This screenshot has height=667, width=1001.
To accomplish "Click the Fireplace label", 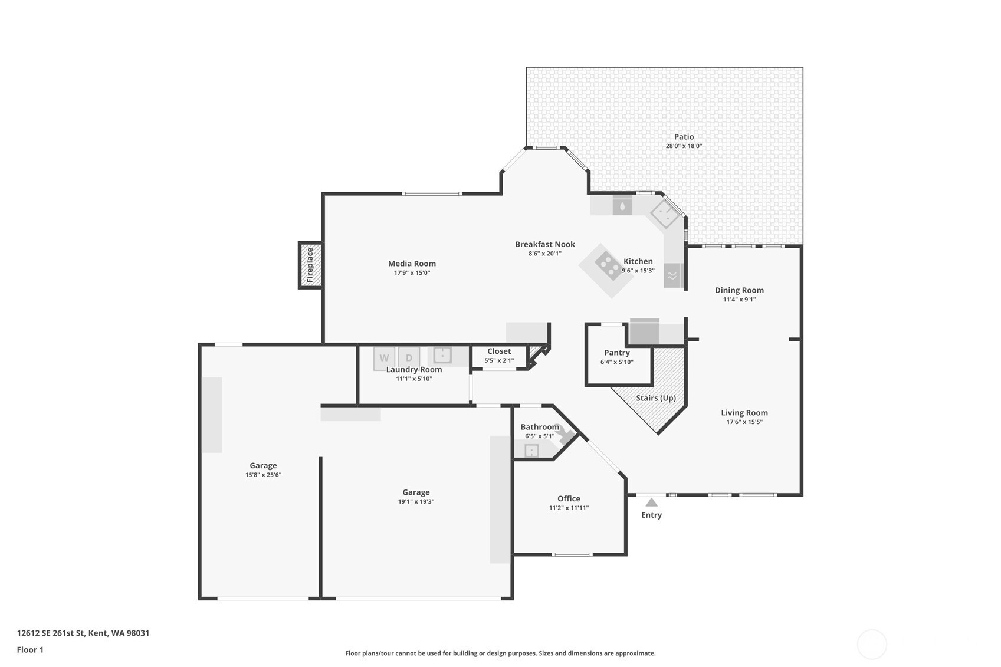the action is pos(310,265).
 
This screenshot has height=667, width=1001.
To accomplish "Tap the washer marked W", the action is pos(385,359).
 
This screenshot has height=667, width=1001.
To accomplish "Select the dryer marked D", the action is pos(409,359).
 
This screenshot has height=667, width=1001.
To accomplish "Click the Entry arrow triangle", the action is pos(652,502).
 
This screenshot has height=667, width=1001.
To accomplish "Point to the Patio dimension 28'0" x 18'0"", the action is pos(684,146).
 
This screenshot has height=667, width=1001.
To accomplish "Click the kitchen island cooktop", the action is pos(608,266).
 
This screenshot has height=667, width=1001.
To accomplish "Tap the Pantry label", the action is pos(616,353).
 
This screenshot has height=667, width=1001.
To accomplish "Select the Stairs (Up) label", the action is pos(656,398).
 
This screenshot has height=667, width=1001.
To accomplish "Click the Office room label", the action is pos(569,498).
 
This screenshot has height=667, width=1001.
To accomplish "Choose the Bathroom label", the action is pos(540,427).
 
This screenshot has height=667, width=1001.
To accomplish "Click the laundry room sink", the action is pos(442,355).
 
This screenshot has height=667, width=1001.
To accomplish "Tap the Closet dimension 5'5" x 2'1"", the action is pos(499,360).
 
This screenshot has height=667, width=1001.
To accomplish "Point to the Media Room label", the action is pos(412,264).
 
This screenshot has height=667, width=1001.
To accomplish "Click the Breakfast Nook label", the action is pos(545,244).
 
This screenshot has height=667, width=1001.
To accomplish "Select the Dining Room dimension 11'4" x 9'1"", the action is pos(740,300).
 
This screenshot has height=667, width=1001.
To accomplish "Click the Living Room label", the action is pos(744,413).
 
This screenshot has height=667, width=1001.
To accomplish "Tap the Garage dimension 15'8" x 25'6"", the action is pos(263,475).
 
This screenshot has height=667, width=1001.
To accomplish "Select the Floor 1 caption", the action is pos(31,650).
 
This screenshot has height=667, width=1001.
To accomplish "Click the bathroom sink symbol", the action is pos(531,451).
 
